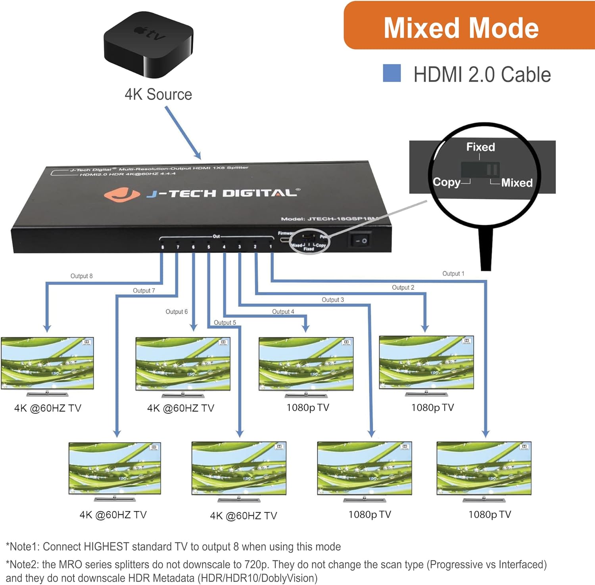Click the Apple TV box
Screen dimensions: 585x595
pos(148,44)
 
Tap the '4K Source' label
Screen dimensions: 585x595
pos(158,95)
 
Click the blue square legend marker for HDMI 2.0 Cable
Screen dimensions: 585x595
pos(392,74)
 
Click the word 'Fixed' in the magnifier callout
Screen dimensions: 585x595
pos(480,147)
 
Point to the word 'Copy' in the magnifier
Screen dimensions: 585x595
pos(446,182)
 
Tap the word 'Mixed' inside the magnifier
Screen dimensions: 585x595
pos(516,183)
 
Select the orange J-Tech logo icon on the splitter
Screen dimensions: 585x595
pos(121,194)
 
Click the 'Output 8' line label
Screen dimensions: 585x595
pos(81,276)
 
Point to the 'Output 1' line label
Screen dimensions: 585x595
pos(453,273)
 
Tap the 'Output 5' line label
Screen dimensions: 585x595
pos(225,323)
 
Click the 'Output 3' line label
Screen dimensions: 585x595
pos(332,300)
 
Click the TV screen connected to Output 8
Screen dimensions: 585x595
pos(47,363)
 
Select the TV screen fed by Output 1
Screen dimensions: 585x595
pos(484,468)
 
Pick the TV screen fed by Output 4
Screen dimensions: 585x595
pos(306,364)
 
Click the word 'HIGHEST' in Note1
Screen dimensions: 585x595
pos(105,547)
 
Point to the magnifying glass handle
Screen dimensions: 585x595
pos(486,250)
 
